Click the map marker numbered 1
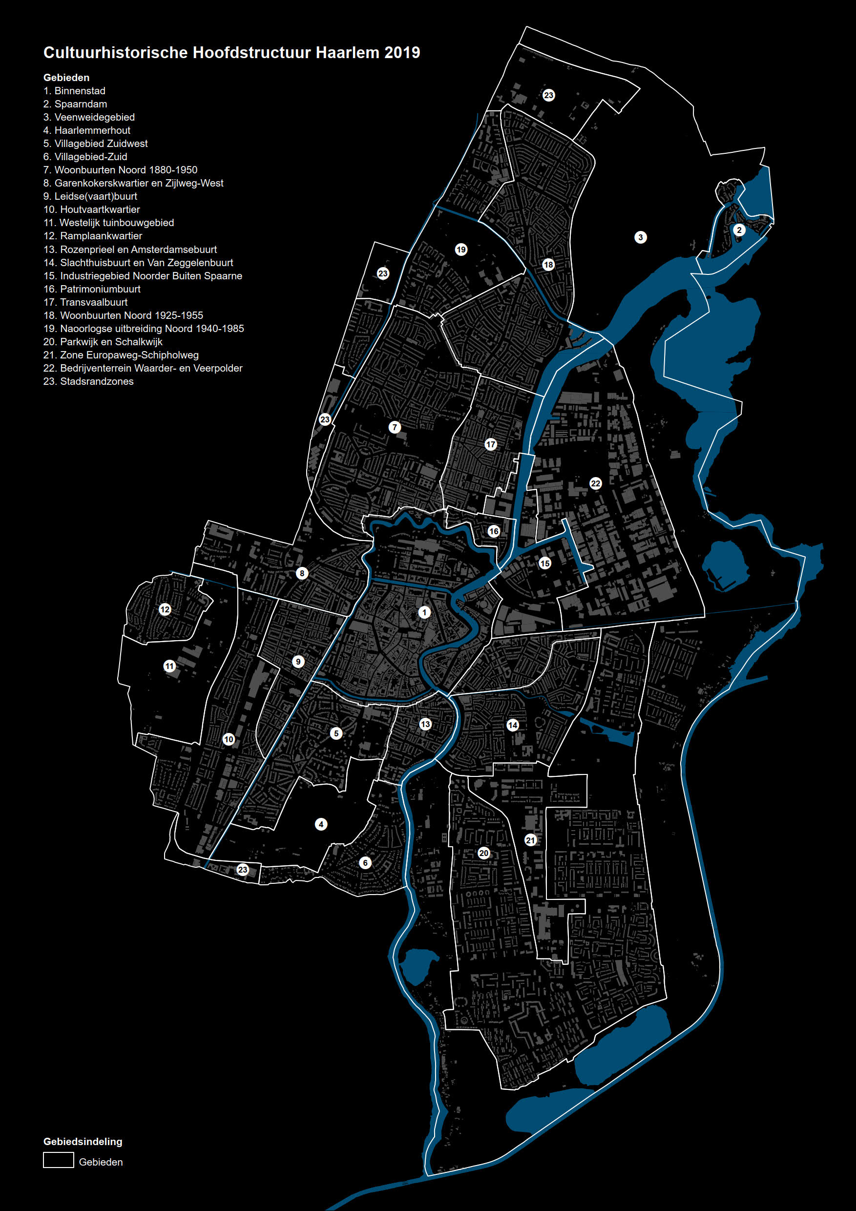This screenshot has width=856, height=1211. [424, 612]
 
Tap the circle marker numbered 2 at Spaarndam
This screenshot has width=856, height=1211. [739, 230]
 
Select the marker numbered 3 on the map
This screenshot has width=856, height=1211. [640, 237]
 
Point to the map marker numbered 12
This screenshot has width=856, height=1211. [165, 610]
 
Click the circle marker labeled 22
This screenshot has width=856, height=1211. [595, 483]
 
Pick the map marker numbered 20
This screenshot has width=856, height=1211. [483, 853]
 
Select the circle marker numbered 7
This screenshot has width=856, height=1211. [395, 427]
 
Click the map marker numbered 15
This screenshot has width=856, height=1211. [545, 564]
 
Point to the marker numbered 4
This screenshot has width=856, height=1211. [321, 824]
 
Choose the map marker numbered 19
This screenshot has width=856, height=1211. [461, 250]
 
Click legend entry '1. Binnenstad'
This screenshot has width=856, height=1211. [74, 91]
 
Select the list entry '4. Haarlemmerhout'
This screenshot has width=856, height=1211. [86, 130]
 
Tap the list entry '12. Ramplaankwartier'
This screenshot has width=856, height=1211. [92, 236]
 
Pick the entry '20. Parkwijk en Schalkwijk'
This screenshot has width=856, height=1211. [103, 342]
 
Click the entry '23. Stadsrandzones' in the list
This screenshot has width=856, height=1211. [88, 381]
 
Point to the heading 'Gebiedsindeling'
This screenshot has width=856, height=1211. [83, 1141]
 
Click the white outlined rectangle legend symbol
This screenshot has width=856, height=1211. [58, 1160]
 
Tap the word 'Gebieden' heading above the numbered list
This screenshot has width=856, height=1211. [66, 78]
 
